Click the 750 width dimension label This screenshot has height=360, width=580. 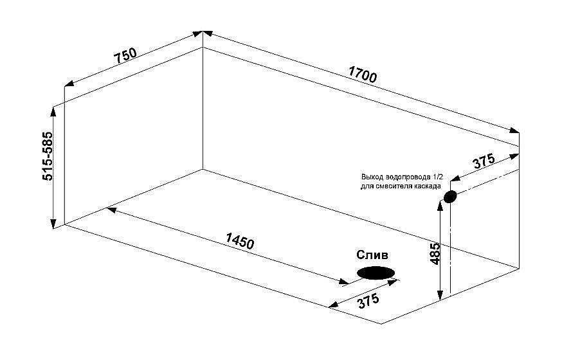point(125,55)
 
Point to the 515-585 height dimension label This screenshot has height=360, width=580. point(48,156)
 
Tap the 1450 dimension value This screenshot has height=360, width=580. point(240,241)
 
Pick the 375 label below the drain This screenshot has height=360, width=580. point(368,301)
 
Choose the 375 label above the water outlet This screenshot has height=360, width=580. point(484,161)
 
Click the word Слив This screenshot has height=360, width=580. point(372,255)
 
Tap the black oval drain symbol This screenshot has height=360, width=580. point(376,273)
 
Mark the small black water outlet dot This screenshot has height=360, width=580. point(450,197)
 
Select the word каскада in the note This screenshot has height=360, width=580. point(428,186)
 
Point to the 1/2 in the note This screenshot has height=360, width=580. point(437,176)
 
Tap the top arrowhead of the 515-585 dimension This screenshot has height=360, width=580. point(53,111)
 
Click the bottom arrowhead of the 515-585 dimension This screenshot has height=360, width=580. point(53,224)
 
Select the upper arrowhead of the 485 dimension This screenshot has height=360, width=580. point(440,204)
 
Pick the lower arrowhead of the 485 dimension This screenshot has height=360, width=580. point(440,295)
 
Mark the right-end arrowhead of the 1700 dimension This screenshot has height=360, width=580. point(514,130)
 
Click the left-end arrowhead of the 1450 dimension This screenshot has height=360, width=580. point(111,210)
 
